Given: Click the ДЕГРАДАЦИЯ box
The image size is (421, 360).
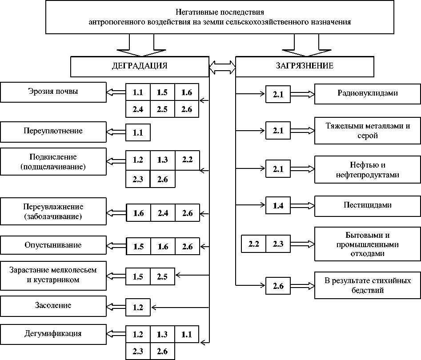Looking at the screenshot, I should pos(140,67).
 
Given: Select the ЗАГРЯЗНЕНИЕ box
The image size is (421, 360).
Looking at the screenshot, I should pos(305,67).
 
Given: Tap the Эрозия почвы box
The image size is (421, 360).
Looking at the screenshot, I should pos(53,92).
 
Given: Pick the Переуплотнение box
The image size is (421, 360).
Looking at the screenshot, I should pos(53,132).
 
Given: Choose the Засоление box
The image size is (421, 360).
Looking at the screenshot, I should pos(53,306).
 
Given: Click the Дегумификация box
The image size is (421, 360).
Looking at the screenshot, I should pos(53,333).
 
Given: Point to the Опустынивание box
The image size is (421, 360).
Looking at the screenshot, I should pos(53,245).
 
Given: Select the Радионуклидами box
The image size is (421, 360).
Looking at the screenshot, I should pos(367,94).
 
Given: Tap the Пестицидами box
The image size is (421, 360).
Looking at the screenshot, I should pos(367,205).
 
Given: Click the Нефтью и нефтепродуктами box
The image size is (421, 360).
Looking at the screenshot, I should pos(367,169).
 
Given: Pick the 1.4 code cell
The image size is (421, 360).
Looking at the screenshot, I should pos(278,205).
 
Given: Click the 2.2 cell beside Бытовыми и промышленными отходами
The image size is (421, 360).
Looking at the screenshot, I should pos(253,243).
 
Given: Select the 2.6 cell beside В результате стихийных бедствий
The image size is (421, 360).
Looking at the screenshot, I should pos(278,286).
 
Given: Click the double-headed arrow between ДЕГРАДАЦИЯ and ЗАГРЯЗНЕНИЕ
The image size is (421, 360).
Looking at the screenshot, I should pos(222,67).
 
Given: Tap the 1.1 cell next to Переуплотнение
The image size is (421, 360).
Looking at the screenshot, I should pos(138,132).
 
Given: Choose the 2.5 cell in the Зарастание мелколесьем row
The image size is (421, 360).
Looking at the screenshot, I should pos(162,276).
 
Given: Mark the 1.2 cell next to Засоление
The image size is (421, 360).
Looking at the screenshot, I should pos(138,306).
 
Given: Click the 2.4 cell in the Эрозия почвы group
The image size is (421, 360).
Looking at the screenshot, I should pos(138,109).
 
